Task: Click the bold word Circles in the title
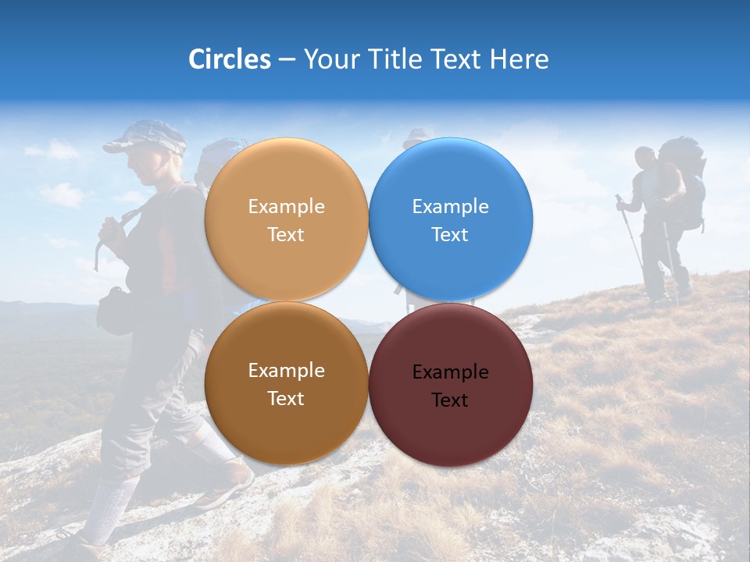(x=229, y=59)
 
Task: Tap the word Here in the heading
(x=519, y=59)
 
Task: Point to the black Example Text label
(x=450, y=386)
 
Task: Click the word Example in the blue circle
(x=450, y=207)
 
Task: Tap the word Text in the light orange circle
(x=286, y=235)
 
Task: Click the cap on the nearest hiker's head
(x=145, y=137)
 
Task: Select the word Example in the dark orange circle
(x=286, y=371)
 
